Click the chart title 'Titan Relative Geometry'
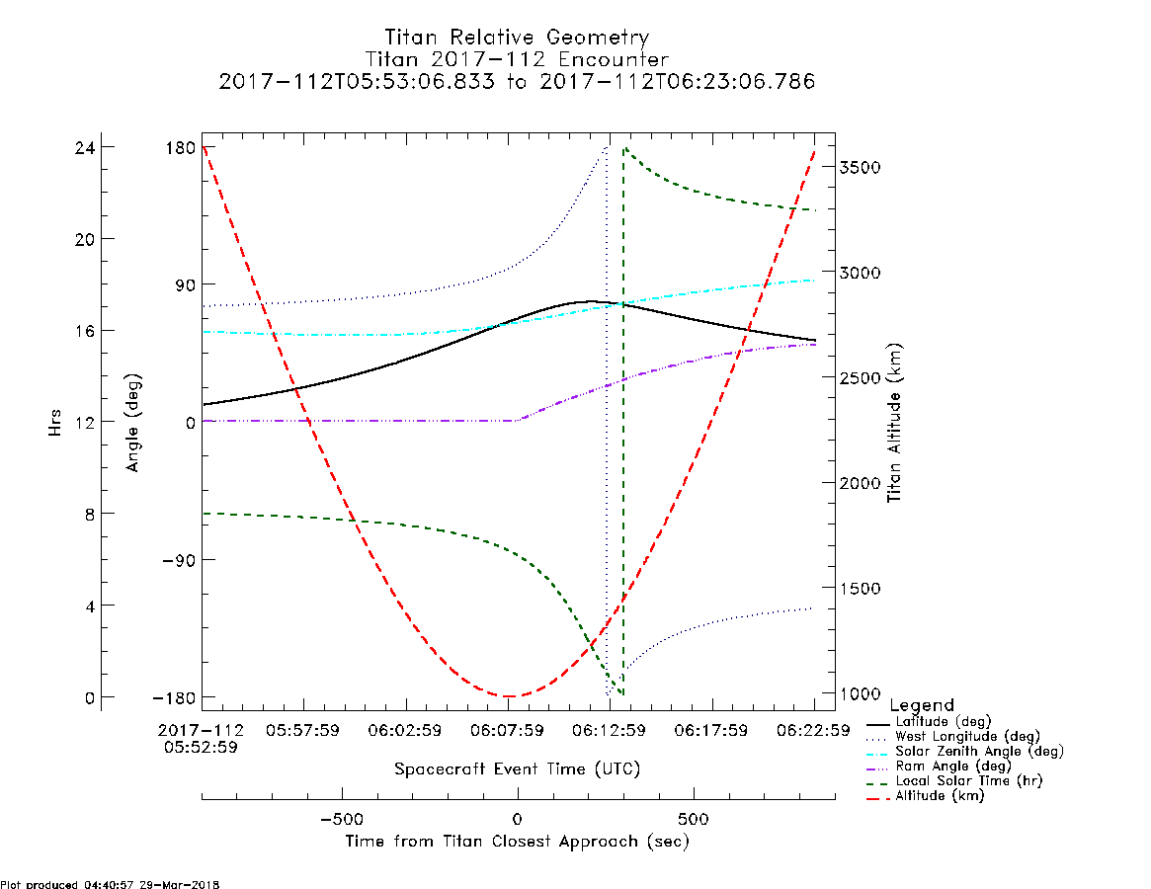click(517, 37)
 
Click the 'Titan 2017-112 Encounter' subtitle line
click(517, 58)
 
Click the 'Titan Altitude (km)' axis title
click(894, 423)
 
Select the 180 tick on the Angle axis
click(180, 147)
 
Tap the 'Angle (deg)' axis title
click(132, 423)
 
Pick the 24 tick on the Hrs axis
click(85, 147)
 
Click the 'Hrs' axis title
click(55, 423)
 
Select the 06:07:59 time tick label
click(507, 730)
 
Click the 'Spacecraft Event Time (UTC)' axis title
click(517, 769)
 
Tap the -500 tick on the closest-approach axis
click(342, 819)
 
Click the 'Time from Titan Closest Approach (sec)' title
click(517, 842)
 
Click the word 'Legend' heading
click(922, 705)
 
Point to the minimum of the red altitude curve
click(508, 695)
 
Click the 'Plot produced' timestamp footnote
click(110, 884)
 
